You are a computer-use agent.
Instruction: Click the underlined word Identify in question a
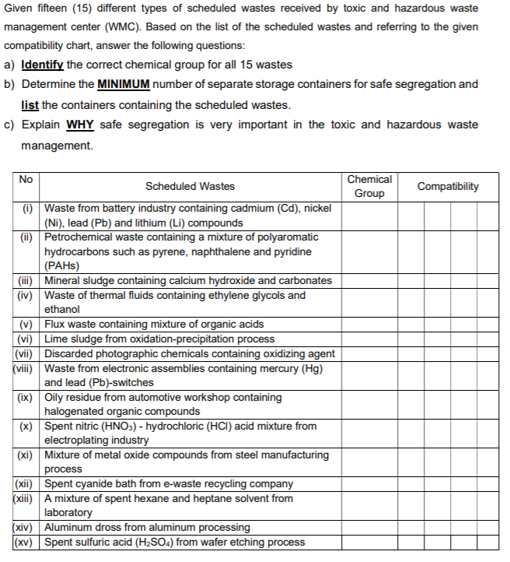pos(43,65)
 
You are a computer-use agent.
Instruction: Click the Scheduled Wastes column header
pos(190,186)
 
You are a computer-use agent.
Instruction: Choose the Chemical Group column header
pos(369,186)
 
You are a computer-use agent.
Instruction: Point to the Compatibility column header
pos(448,186)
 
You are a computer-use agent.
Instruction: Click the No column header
pos(26,179)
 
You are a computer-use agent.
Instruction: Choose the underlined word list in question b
pos(30,104)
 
